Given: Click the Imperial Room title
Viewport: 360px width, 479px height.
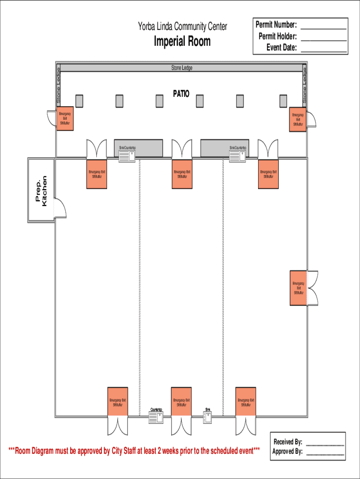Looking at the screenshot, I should click(182, 42).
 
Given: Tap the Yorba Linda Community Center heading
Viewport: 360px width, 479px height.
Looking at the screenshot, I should click(182, 27).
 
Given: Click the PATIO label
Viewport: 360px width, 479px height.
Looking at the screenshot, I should click(181, 94).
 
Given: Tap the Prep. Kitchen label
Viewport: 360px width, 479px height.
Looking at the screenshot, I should click(41, 190).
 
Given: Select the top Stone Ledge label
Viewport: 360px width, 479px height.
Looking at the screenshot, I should click(181, 68).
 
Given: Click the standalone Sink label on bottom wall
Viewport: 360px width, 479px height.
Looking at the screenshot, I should click(208, 410).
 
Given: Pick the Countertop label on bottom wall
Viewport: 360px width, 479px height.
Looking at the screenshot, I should click(156, 410).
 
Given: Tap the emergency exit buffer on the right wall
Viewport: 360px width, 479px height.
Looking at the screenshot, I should click(298, 288).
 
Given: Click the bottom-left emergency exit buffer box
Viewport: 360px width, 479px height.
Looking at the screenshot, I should click(117, 402).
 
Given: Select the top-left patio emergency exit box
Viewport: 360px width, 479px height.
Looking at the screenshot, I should click(65, 119).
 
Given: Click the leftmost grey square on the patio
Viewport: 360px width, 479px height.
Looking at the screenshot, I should click(79, 101).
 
